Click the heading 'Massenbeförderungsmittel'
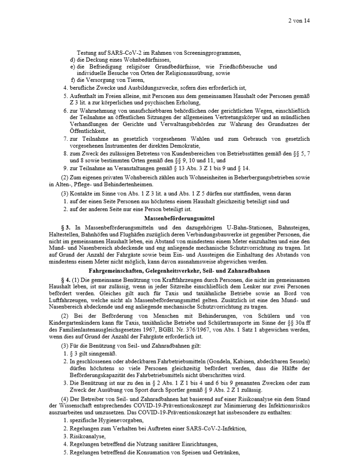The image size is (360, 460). [x=180, y=218]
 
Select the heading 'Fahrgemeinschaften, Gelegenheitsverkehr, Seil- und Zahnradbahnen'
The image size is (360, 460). [x=180, y=271]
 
